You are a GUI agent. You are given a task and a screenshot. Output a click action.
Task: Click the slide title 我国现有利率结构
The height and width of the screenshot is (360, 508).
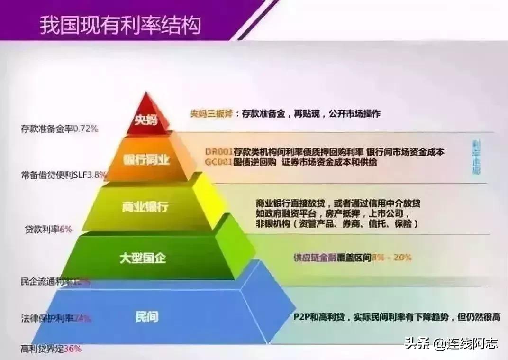[120, 24]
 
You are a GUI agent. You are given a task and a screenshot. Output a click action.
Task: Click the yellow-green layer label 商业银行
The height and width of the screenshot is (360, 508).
[144, 207]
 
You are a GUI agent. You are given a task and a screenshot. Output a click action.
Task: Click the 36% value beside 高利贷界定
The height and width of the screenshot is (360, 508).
[72, 349]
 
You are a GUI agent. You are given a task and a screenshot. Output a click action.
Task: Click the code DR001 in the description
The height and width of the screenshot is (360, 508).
[219, 152]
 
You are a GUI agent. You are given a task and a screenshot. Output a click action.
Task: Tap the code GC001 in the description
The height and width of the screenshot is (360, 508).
[219, 162]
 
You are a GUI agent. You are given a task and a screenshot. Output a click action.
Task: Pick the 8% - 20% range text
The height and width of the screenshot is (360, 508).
[392, 258]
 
